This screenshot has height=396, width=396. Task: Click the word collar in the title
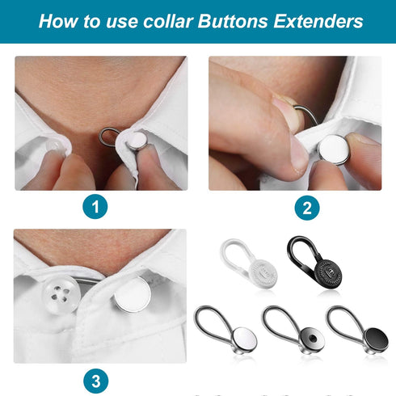click(x=161, y=21)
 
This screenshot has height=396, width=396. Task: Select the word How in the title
click(x=56, y=21)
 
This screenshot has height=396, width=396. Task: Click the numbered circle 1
click(x=97, y=208)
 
